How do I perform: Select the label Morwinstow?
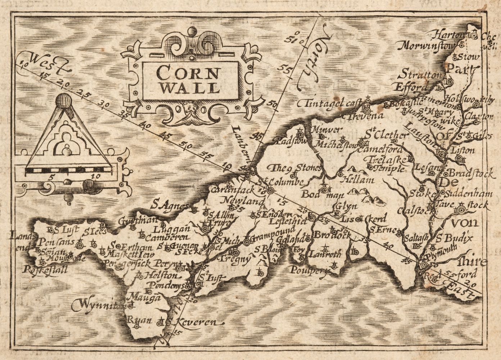tap(427, 46)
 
